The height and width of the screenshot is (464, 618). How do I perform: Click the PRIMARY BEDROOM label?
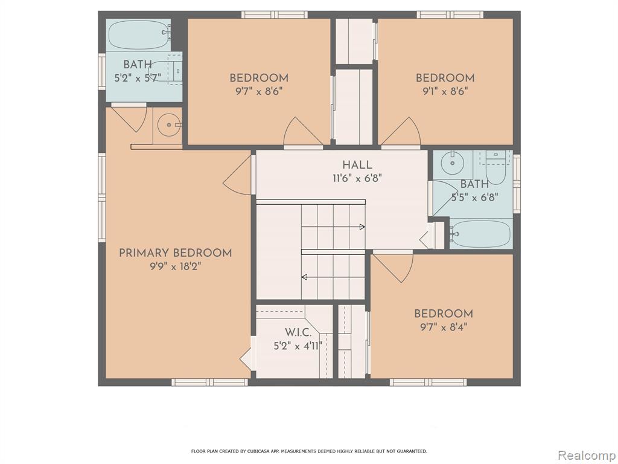coord(176,253)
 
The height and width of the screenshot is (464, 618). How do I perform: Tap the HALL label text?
coord(357,165)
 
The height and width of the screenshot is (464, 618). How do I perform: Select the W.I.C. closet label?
coord(298,332)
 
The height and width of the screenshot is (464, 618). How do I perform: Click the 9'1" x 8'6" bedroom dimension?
coord(445,92)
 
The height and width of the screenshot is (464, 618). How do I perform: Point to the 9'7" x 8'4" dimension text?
coord(444,327)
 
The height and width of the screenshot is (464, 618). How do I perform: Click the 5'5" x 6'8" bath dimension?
coord(475,197)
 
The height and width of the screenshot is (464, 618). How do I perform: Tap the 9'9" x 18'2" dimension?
coord(176,266)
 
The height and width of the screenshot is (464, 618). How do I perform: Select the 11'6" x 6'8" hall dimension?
coord(357,178)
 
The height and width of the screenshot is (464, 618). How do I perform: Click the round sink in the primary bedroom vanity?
coord(169,124)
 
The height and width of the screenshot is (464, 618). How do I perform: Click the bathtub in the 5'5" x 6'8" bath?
coord(480,234)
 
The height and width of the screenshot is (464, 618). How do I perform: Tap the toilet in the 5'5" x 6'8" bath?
coord(495,169)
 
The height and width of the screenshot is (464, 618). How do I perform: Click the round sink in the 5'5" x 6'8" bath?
coord(453,163)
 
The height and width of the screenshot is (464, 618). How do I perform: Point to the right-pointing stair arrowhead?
coord(362,227)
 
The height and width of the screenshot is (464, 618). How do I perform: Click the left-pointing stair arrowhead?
coord(304,277)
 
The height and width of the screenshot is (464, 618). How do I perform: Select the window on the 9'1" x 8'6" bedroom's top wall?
coord(450,15)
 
